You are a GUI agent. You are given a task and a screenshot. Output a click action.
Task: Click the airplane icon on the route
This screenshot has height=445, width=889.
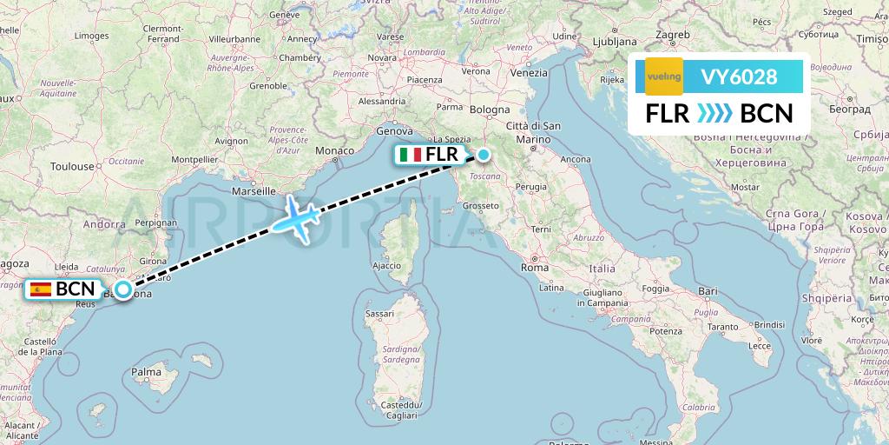[x=296, y=215]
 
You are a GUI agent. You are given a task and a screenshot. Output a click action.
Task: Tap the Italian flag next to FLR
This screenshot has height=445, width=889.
[x=411, y=155]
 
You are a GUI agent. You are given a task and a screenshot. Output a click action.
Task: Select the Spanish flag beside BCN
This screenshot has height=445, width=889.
[x=40, y=289]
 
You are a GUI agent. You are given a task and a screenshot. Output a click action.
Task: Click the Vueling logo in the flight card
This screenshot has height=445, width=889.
[x=664, y=76]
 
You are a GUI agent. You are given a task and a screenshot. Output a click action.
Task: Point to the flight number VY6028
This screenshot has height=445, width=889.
[x=739, y=76]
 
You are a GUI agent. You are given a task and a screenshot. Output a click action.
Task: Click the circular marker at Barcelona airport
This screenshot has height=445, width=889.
[x=123, y=289]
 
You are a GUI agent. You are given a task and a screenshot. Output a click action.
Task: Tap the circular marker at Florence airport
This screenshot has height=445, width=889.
[x=483, y=155]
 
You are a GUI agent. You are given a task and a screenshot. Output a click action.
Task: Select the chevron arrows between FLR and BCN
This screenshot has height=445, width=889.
[x=714, y=114]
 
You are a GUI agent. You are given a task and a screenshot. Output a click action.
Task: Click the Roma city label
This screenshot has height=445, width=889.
[x=535, y=268]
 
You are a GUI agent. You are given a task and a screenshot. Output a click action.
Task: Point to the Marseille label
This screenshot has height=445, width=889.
[x=253, y=190]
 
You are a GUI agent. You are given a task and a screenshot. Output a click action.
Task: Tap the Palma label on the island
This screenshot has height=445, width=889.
[x=146, y=372]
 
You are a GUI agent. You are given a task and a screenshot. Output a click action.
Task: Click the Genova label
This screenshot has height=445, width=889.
[x=392, y=131]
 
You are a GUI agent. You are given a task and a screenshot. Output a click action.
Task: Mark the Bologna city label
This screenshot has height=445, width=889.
[x=490, y=110]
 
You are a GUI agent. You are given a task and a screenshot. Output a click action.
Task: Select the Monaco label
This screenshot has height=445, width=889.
[x=334, y=150]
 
